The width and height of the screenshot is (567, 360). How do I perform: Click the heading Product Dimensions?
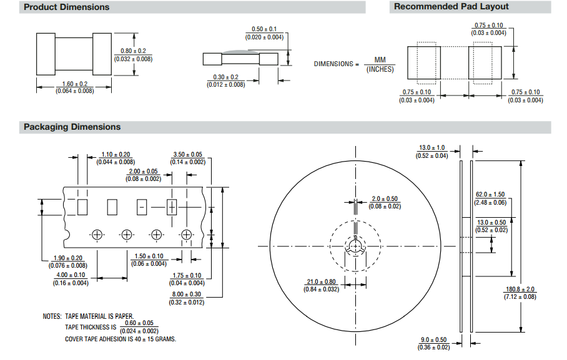pyautogui.click(x=66, y=7)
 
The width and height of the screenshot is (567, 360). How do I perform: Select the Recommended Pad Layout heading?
pyautogui.click(x=451, y=7)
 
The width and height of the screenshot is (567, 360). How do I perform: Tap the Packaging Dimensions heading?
pyautogui.click(x=72, y=127)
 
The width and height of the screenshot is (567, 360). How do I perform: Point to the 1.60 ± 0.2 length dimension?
pyautogui.click(x=74, y=84)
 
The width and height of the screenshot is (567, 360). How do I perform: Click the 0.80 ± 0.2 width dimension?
pyautogui.click(x=133, y=51)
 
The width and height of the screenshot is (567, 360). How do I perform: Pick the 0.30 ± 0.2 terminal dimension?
pyautogui.click(x=225, y=77)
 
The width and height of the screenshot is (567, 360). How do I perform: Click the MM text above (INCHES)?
pyautogui.click(x=380, y=60)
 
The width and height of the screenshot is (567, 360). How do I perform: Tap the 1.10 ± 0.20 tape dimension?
pyautogui.click(x=116, y=155)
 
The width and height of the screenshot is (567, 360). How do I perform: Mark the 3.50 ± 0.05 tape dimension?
pyautogui.click(x=187, y=155)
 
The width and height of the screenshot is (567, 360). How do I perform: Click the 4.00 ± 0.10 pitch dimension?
pyautogui.click(x=71, y=275)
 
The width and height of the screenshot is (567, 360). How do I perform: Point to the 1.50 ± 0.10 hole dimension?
pyautogui.click(x=149, y=256)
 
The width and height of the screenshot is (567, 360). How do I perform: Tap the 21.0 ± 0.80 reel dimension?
pyautogui.click(x=322, y=281)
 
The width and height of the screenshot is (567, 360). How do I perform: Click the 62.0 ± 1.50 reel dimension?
pyautogui.click(x=490, y=195)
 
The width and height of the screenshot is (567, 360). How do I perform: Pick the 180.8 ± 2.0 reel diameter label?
pyautogui.click(x=520, y=289)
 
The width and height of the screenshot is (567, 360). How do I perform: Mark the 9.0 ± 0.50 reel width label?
pyautogui.click(x=433, y=339)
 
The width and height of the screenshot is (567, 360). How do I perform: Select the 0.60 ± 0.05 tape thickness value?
pyautogui.click(x=139, y=323)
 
